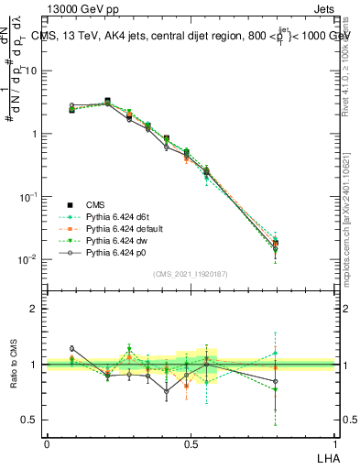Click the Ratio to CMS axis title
coord(12,365)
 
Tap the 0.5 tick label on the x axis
coord(191,443)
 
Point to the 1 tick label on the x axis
coord(335,443)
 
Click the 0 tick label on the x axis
coord(47,443)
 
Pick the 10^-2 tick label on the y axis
coord(29,259)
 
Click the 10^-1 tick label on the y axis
coord(29,196)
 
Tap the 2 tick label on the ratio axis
coord(37,309)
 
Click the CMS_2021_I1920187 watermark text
coord(190,274)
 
